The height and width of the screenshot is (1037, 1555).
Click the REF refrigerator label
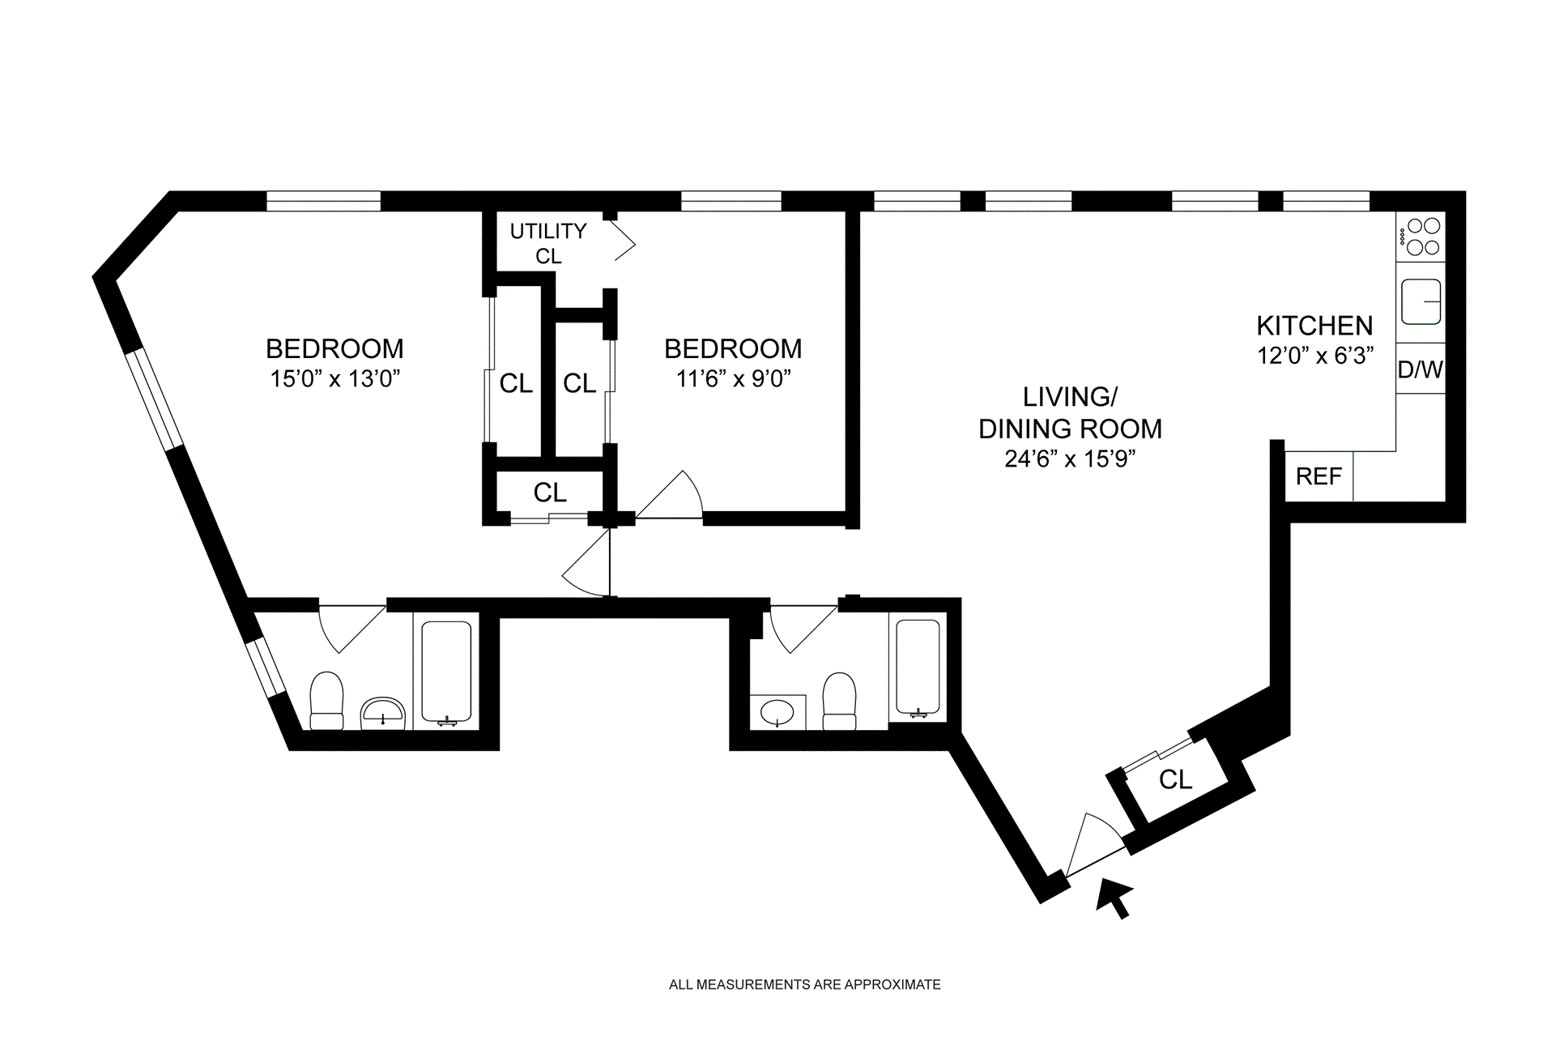1319,476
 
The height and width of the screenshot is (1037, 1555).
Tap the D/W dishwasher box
1421,369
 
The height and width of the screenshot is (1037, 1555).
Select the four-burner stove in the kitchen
1421,237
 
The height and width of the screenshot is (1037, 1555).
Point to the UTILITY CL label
548,243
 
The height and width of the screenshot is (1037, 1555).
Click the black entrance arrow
1114,899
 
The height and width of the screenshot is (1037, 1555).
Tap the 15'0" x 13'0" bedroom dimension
335,378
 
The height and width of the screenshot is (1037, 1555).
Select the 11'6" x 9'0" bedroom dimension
733,378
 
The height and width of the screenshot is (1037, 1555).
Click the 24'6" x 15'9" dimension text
1070,459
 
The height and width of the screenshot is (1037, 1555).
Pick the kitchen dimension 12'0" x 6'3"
1315,356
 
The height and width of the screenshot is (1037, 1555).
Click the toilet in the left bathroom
327,701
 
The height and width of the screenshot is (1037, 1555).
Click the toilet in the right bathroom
840,701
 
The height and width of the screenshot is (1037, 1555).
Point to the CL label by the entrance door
1175,779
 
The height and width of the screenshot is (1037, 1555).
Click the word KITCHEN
1314,326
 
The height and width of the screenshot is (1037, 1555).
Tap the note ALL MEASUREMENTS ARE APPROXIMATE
805,985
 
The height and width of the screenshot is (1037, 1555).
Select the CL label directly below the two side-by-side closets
550,492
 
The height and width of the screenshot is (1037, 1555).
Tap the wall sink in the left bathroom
382,711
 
